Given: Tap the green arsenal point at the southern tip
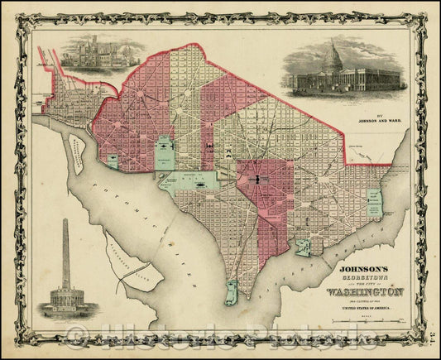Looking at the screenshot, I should pyautogui.click(x=231, y=290).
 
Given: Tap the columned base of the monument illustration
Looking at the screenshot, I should pyautogui.click(x=66, y=297).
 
